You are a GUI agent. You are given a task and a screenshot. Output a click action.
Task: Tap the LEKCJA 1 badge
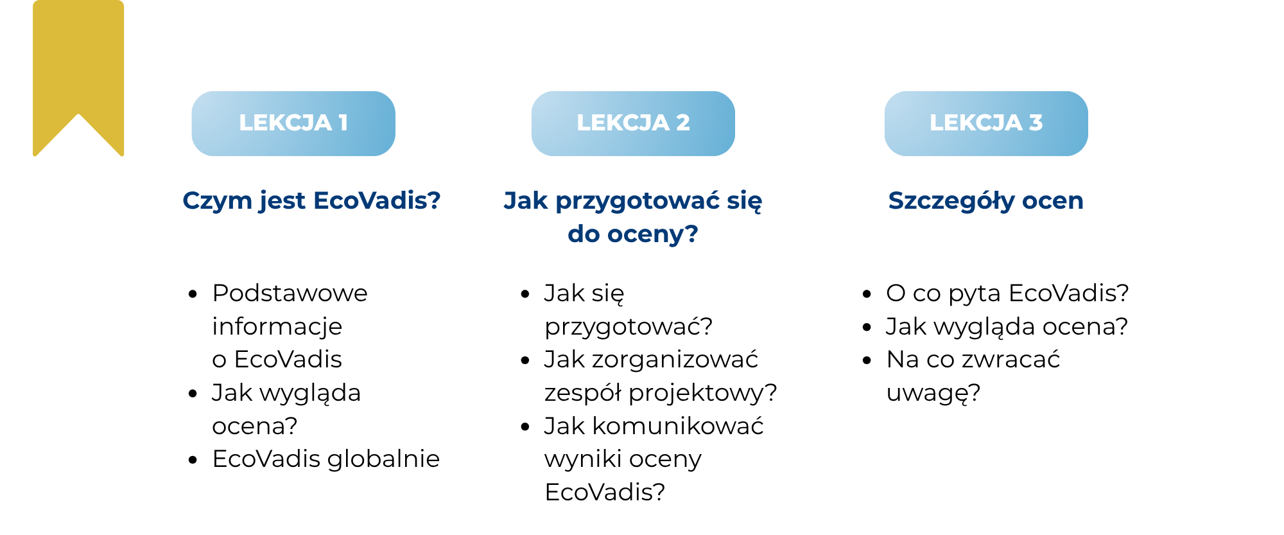click(293, 123)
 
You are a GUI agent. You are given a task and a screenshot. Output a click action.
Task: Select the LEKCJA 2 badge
click(633, 123)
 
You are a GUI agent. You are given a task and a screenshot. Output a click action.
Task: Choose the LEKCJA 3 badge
click(986, 123)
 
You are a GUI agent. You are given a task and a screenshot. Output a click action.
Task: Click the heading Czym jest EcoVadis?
click(311, 201)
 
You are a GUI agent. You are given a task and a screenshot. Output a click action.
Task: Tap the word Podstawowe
click(290, 293)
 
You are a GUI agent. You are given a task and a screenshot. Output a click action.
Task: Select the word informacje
click(277, 327)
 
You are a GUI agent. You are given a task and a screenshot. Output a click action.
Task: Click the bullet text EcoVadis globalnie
click(326, 459)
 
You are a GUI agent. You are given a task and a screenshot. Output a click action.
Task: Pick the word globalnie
click(383, 459)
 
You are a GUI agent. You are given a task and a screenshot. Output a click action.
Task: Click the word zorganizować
click(675, 360)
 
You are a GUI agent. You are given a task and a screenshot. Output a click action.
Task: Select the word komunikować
click(678, 426)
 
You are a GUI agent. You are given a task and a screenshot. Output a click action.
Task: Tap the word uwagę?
click(933, 393)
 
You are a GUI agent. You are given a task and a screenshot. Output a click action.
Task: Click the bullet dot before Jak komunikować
click(525, 426)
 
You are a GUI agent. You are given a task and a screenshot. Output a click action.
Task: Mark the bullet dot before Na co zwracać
click(867, 360)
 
